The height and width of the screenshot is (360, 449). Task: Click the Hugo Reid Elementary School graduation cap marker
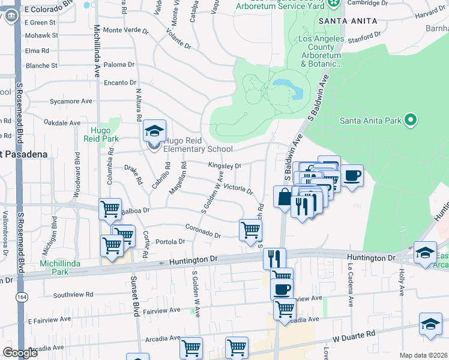tap(154, 131)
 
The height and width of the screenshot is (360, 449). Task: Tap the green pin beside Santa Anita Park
tap(411, 121)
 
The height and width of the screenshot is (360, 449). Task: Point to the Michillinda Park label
tap(58, 268)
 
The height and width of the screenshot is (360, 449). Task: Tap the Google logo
tap(20, 353)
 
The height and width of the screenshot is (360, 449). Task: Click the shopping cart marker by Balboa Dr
tap(110, 209)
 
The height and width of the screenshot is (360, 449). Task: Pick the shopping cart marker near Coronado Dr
tap(250, 229)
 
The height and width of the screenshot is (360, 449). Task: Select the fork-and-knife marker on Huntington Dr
tap(274, 259)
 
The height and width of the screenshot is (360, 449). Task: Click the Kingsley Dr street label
tap(224, 165)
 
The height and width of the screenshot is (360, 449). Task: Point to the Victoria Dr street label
tap(238, 188)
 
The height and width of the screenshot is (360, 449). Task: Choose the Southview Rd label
tap(73, 295)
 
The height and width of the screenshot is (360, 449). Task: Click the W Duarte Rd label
tap(354, 332)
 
